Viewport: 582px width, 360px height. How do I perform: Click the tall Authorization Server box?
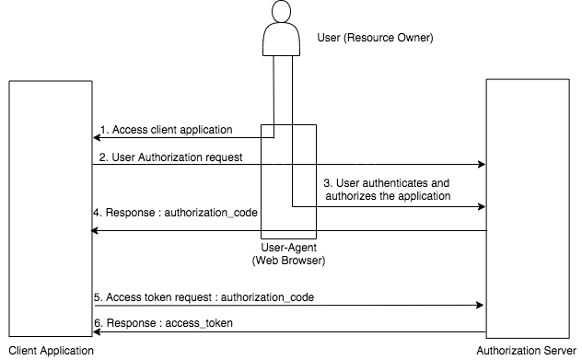coord(527,210)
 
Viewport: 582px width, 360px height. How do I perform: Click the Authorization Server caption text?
coord(528,351)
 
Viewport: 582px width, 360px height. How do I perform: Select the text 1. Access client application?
coord(167,129)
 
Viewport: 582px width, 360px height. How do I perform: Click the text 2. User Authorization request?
coord(170,157)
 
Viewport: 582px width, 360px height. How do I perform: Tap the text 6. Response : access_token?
coord(164,322)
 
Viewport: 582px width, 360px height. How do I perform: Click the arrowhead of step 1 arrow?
coord(96,138)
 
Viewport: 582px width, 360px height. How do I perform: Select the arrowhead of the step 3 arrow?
coord(481,206)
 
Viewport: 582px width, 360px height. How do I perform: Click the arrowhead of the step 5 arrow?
coord(481,305)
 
